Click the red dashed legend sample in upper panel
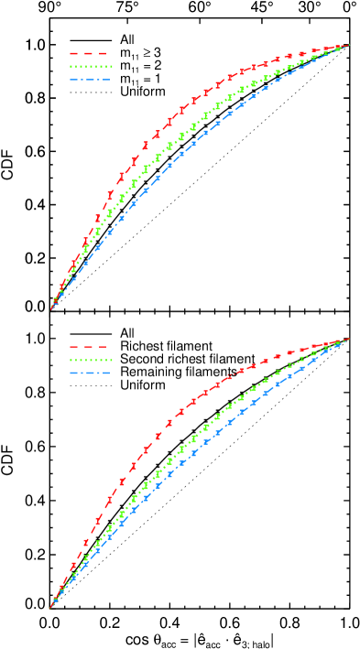click(89, 54)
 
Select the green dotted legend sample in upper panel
click(90, 67)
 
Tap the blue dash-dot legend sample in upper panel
click(90, 80)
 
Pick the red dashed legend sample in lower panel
click(89, 348)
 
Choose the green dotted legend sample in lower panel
click(90, 361)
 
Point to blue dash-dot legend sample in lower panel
click(90, 373)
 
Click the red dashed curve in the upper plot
click(170, 119)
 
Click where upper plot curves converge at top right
click(348, 45)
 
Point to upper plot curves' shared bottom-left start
click(51, 308)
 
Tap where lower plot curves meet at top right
click(348, 340)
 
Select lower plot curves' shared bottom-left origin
click(50, 607)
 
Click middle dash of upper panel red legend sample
click(89, 54)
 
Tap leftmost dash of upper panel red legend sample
click(74, 54)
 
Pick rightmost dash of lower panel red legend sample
click(102, 348)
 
